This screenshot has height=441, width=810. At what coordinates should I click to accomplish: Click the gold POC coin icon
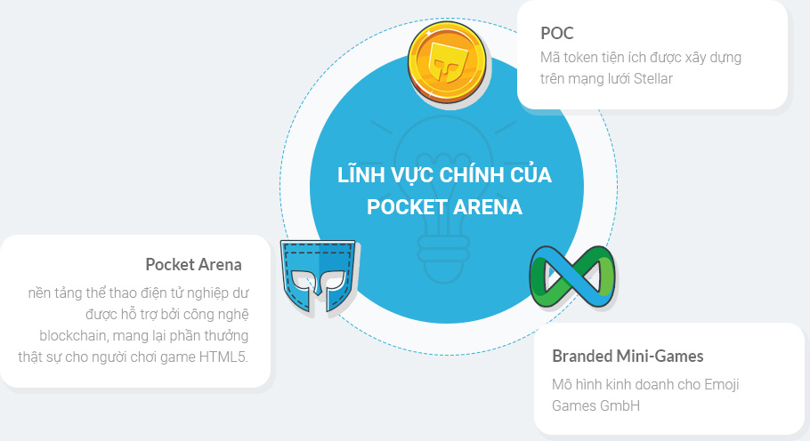pos(447,62)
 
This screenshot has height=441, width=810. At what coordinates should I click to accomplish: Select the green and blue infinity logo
pos(572,277)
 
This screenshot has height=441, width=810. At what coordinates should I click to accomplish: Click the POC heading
pos(557,33)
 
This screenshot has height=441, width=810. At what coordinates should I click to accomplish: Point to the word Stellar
pos(653,78)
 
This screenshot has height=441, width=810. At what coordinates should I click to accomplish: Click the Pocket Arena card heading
pos(194,265)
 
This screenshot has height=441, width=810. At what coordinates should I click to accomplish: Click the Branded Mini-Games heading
pos(628,356)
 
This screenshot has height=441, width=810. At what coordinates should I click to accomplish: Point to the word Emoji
pos(722,385)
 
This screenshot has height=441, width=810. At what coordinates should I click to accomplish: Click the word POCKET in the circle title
pos(406,207)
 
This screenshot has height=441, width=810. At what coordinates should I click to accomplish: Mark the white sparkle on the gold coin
pos(428,33)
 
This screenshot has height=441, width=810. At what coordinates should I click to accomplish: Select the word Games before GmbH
pos(570,405)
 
